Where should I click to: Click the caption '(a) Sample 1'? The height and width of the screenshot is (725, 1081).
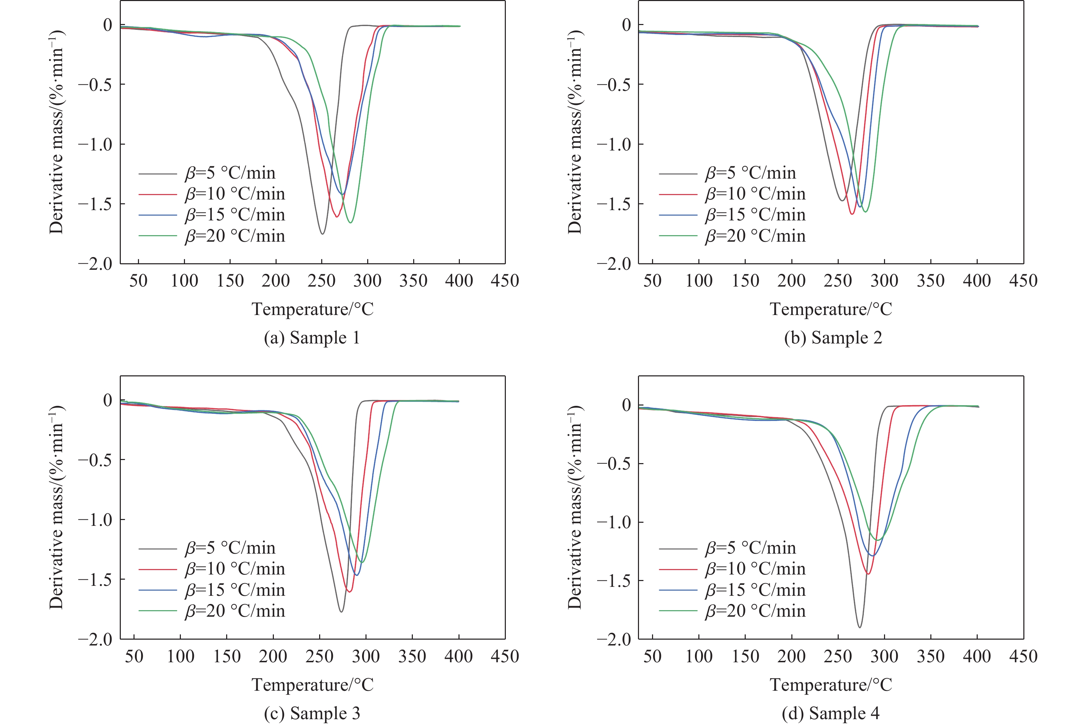312,338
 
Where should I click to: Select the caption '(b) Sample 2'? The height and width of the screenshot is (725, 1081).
833,338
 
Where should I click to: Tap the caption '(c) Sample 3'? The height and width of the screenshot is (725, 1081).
312,713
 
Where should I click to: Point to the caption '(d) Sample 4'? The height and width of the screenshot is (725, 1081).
830,713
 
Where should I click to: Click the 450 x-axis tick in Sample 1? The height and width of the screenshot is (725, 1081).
504,281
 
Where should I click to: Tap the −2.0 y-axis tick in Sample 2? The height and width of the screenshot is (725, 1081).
614,264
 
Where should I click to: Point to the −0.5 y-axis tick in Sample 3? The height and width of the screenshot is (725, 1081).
95,460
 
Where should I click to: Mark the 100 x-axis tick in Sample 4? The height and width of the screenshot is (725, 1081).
699,656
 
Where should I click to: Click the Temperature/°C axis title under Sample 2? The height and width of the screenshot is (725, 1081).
830,309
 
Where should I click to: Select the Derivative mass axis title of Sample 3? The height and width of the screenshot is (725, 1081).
57,508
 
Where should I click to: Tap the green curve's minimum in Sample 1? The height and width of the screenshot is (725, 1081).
351,222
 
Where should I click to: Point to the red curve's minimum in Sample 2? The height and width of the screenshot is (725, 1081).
852,214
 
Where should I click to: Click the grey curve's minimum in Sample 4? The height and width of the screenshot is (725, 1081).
859,627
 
